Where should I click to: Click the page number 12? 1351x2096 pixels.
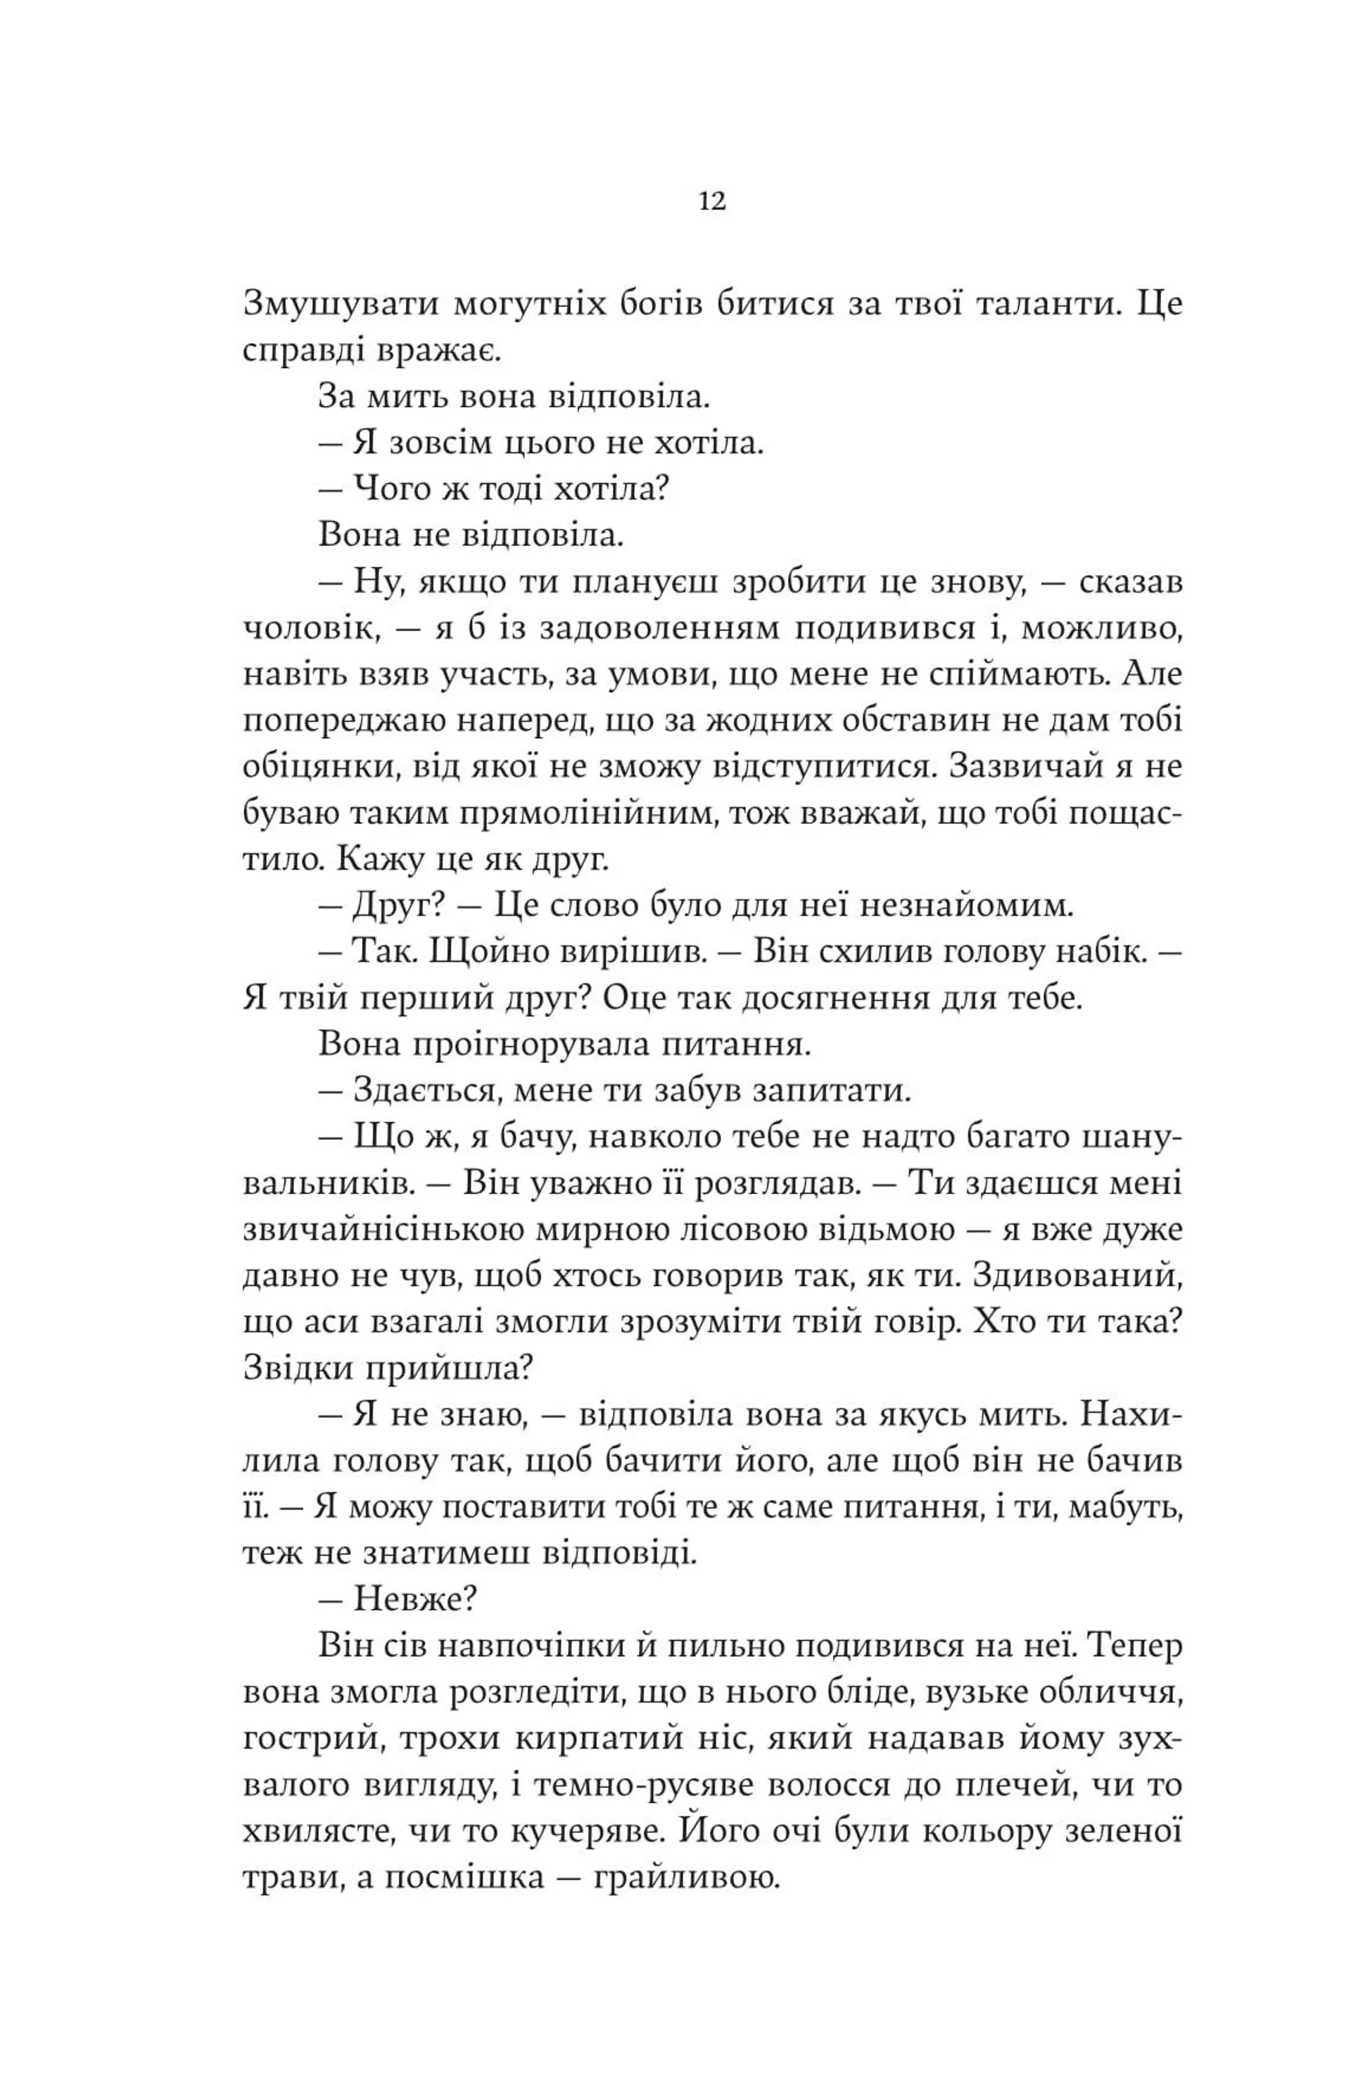click(x=712, y=203)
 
